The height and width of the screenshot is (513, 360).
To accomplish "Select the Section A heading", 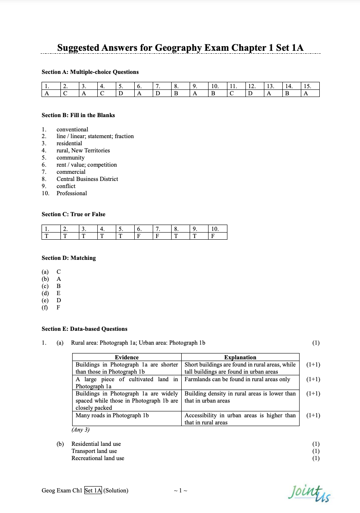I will [x=90, y=72].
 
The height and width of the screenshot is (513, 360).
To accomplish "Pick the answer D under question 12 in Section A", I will [x=250, y=93].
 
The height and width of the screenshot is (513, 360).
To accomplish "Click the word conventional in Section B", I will [x=73, y=129].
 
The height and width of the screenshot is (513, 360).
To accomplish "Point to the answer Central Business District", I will [x=87, y=179].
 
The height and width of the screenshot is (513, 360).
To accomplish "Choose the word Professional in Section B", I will [x=72, y=193].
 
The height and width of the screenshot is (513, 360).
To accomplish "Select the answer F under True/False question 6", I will [x=138, y=236].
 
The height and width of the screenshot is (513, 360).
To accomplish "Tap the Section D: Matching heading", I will [x=69, y=258].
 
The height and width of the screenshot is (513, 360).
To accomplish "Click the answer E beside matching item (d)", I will [x=59, y=293].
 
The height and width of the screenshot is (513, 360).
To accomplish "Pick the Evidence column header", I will [x=127, y=357].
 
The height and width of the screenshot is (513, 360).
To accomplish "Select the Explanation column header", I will [x=240, y=357].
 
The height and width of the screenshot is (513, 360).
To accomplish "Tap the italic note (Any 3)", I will [x=81, y=429].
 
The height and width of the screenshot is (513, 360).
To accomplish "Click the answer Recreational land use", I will [x=98, y=458].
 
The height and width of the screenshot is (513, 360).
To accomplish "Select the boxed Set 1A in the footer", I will [x=93, y=490].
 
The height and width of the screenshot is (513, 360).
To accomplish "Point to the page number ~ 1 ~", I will [x=180, y=490].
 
